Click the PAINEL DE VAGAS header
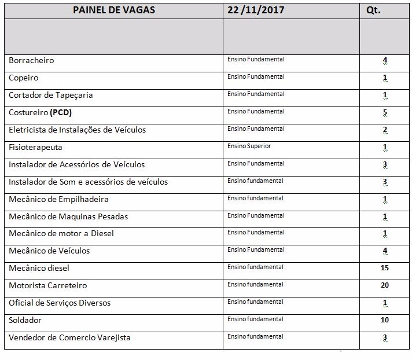[114, 10]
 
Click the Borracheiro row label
[31, 60]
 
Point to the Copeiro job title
[24, 78]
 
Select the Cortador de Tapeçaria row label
[51, 95]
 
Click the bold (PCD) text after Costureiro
[61, 112]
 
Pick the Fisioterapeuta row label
[35, 147]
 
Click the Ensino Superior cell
[249, 146]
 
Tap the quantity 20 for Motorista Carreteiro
[385, 285]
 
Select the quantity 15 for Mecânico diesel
[385, 268]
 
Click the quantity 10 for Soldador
[385, 320]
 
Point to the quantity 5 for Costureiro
[385, 112]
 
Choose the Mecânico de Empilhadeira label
[58, 199]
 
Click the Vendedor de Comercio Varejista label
[69, 337]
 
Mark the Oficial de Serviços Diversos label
[60, 303]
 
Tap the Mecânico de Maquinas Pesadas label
[68, 216]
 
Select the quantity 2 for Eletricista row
[385, 130]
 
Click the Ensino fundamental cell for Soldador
[255, 319]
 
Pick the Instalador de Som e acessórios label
[88, 182]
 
